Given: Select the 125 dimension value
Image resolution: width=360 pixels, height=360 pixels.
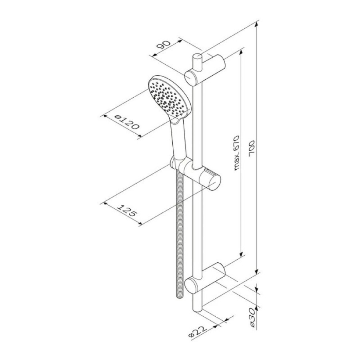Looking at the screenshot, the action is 127,210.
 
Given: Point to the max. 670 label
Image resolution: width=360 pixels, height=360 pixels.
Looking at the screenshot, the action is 236,153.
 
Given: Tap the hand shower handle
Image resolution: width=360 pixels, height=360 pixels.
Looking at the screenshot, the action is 178,140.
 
